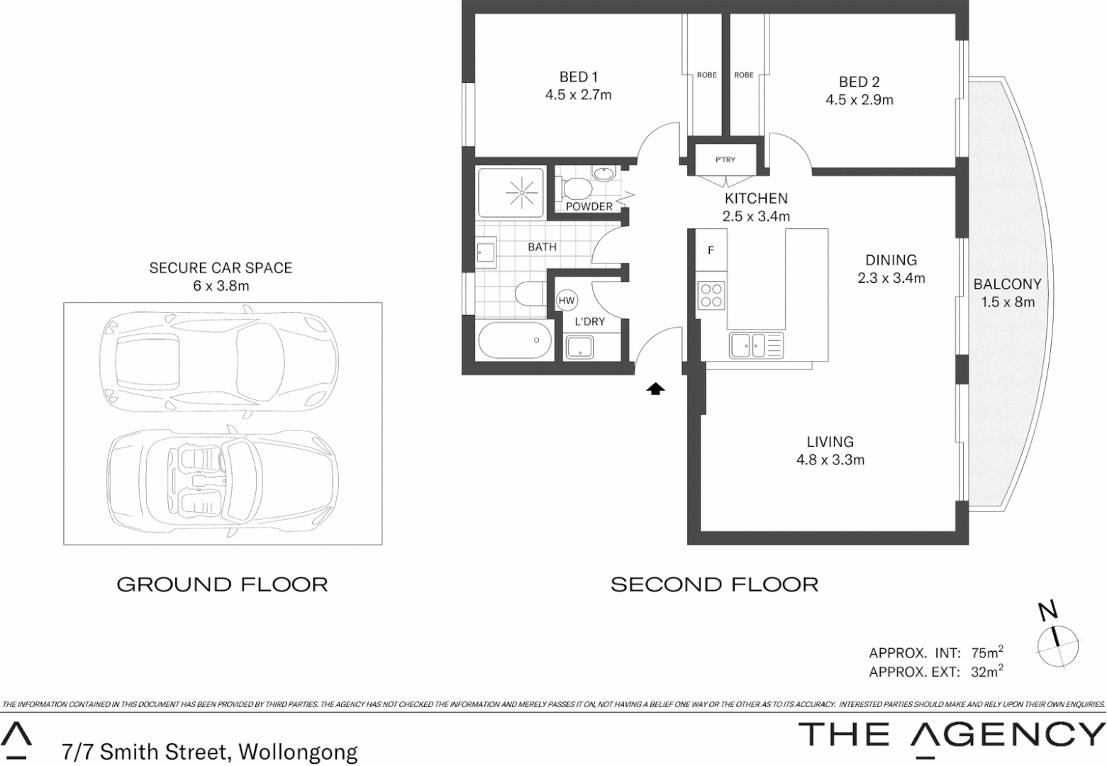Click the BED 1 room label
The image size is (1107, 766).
pyautogui.click(x=578, y=77)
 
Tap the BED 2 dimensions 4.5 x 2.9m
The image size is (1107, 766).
pyautogui.click(x=859, y=100)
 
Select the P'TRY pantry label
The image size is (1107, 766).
pyautogui.click(x=725, y=160)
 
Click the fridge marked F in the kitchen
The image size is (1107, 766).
pyautogui.click(x=711, y=250)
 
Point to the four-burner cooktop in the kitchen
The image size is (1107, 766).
pyautogui.click(x=711, y=295)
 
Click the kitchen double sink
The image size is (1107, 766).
pyautogui.click(x=749, y=345)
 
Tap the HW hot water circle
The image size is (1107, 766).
pyautogui.click(x=566, y=301)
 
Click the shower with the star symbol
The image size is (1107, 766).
pyautogui.click(x=521, y=191)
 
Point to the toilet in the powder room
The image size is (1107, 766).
pyautogui.click(x=575, y=189)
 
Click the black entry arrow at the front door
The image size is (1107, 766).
pyautogui.click(x=655, y=388)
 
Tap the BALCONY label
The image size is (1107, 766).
pyautogui.click(x=1007, y=284)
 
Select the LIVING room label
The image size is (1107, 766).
pyautogui.click(x=830, y=442)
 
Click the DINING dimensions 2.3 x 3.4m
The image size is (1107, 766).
pyautogui.click(x=891, y=279)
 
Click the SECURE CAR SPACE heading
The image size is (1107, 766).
pyautogui.click(x=221, y=267)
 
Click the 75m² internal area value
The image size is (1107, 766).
pyautogui.click(x=986, y=653)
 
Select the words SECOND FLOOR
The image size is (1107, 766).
pyautogui.click(x=714, y=584)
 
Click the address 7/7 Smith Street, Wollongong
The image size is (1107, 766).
pyautogui.click(x=209, y=750)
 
